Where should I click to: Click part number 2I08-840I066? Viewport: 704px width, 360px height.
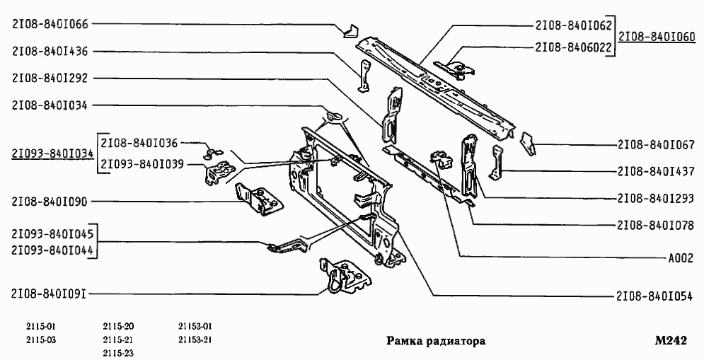point(50,23)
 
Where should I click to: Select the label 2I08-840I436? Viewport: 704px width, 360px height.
point(50,51)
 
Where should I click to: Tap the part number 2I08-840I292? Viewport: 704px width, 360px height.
point(50,78)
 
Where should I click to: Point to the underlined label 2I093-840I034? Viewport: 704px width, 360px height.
point(53,153)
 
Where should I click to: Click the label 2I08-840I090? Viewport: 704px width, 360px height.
point(50,202)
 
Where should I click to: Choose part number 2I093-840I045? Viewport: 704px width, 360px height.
point(53,233)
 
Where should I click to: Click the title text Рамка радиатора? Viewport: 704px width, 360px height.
point(436,341)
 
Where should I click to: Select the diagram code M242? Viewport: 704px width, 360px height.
point(671,340)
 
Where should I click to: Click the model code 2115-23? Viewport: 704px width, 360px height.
point(118,352)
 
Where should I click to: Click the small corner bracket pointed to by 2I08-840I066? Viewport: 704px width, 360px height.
point(350,30)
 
